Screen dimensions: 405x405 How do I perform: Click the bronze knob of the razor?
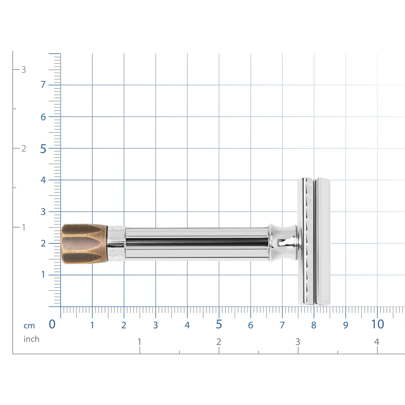pos(85,244)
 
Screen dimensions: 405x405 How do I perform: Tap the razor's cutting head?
pos(314,242)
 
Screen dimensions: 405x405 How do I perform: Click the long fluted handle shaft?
pos(197,244)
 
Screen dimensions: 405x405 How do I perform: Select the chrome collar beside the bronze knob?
pos(117,244)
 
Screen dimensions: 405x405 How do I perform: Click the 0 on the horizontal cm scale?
pos(52,324)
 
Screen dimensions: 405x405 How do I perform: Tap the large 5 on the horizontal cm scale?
pos(219,324)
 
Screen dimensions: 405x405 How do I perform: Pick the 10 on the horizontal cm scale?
pos(377,324)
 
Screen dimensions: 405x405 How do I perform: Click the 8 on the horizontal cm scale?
pos(313,325)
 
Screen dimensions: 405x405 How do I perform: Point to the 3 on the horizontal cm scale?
pos(156,325)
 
